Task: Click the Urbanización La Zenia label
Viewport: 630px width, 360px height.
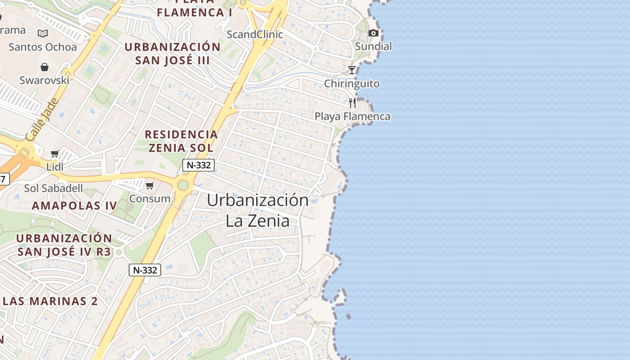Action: pyautogui.click(x=257, y=210)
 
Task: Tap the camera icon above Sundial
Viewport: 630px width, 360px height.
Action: pyautogui.click(x=373, y=33)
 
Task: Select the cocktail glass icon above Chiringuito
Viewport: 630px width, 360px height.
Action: pyautogui.click(x=352, y=70)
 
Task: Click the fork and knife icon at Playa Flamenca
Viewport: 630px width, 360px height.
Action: pyautogui.click(x=352, y=103)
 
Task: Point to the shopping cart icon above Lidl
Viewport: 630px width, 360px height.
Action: pyautogui.click(x=55, y=154)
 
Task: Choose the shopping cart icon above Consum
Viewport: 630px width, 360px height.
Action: pyautogui.click(x=150, y=185)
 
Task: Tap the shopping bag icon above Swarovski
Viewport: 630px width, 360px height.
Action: pyautogui.click(x=45, y=67)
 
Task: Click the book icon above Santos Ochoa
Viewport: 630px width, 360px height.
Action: pyautogui.click(x=43, y=34)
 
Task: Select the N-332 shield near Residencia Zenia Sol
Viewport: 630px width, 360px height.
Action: pyautogui.click(x=198, y=165)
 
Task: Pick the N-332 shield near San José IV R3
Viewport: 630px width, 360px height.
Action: pyautogui.click(x=145, y=270)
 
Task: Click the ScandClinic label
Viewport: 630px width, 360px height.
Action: pyautogui.click(x=255, y=34)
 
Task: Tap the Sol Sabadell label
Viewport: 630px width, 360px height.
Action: pyautogui.click(x=53, y=188)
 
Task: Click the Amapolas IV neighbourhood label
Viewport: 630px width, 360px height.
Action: pyautogui.click(x=74, y=206)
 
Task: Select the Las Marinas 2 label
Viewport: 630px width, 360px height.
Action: pyautogui.click(x=50, y=301)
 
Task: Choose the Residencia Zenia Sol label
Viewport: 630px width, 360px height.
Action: pyautogui.click(x=181, y=141)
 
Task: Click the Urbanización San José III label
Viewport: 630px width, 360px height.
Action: pyautogui.click(x=172, y=54)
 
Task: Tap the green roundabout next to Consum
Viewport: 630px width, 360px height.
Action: pyautogui.click(x=183, y=185)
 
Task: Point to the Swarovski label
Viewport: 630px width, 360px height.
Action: pyautogui.click(x=44, y=80)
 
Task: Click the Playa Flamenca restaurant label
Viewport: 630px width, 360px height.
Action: pyautogui.click(x=352, y=117)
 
